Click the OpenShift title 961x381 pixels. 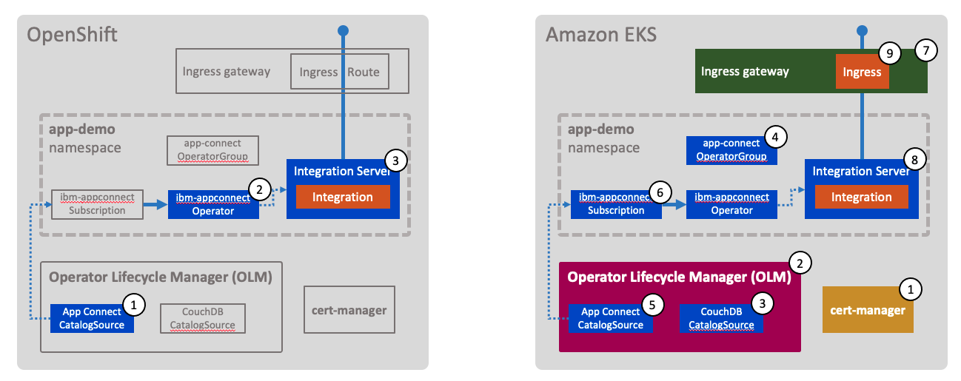pos(72,35)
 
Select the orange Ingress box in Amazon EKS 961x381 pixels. pos(862,72)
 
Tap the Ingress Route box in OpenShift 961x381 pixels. pos(339,72)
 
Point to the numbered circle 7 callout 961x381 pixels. pos(925,50)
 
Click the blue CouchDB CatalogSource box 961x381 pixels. pos(721,318)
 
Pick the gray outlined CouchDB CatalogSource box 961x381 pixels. pos(202,318)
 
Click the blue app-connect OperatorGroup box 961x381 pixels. pos(731,151)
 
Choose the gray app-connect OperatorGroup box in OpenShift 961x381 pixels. pos(213,150)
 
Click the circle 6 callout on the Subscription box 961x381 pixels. pos(660,192)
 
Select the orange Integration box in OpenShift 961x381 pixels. pos(342,197)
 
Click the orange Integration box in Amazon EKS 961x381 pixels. pos(861,197)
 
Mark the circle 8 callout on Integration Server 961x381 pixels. pos(915,159)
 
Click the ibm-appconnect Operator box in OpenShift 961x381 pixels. pos(213,204)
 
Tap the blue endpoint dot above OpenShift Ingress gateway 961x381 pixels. pos(343,31)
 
